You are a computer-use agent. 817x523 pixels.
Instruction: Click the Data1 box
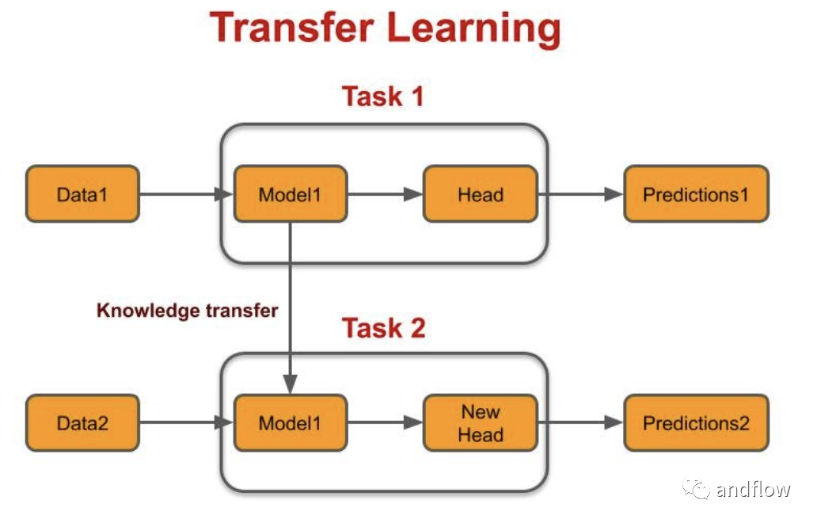tap(82, 194)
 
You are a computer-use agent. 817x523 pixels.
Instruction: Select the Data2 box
tap(82, 423)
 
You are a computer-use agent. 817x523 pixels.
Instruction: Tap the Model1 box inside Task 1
tap(291, 194)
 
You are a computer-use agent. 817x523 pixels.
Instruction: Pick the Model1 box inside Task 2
tap(291, 423)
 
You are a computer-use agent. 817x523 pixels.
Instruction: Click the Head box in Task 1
tap(481, 194)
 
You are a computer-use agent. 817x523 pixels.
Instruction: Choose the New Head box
tap(481, 423)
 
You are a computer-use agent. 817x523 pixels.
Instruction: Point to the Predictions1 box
tap(696, 194)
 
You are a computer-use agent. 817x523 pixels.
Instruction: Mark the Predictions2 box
tap(696, 423)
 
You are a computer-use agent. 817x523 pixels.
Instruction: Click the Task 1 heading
tap(383, 97)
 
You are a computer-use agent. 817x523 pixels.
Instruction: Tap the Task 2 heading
tap(383, 328)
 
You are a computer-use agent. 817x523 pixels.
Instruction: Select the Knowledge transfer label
tap(187, 311)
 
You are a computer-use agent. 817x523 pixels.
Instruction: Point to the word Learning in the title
tap(473, 29)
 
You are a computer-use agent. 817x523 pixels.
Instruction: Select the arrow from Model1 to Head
tap(386, 194)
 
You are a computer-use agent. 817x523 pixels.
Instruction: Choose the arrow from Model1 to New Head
tap(386, 422)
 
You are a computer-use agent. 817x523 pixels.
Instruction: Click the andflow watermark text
tap(754, 489)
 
